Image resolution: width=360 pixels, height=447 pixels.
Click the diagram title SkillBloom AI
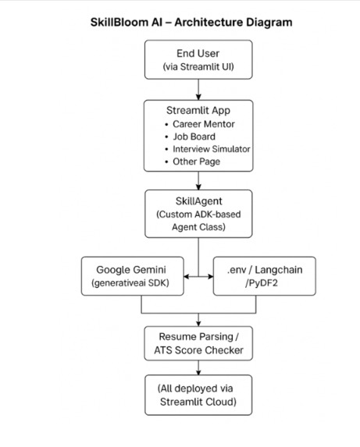click(191, 22)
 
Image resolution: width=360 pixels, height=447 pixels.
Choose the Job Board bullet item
click(194, 136)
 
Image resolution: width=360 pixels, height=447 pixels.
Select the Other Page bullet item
click(197, 161)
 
